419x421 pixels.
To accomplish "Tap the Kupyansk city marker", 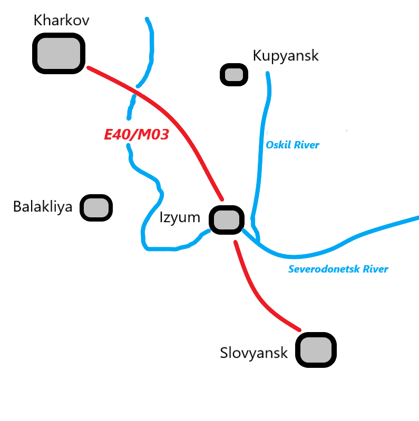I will pos(233,75).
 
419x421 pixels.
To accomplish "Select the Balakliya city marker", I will pos(96,207).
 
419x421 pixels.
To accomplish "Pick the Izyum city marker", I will pos(227,219).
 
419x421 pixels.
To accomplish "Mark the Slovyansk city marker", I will pos(316,349).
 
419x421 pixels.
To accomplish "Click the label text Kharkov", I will pos(61,21).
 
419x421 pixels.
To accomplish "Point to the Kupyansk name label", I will pos(286,55).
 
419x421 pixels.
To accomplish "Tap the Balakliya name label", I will pos(43,207).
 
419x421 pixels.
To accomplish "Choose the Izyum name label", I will pos(180,217).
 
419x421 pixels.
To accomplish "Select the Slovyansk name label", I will pos(254,353).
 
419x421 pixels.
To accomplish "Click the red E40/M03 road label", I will pos(137,135).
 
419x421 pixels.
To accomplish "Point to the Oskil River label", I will pos(293,145).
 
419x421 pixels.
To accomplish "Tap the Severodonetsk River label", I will pos(338,269).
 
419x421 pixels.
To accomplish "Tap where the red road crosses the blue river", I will pos(136,92).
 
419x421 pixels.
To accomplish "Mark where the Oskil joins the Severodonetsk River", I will pos(258,240).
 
